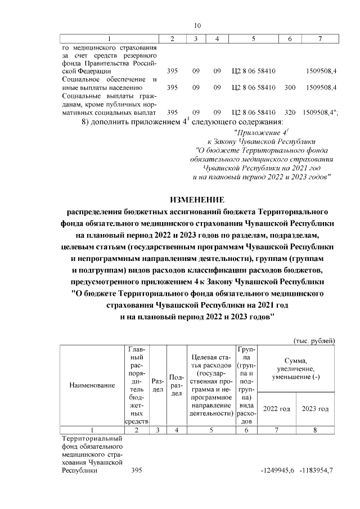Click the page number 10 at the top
[197, 25]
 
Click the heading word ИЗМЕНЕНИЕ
[197, 200]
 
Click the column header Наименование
[92, 385]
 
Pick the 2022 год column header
[277, 408]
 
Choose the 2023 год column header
[315, 408]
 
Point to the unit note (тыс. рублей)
[314, 340]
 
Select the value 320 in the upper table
[290, 111]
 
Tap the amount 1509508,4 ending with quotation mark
[319, 111]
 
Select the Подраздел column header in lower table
[177, 385]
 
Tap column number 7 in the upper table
[319, 39]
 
